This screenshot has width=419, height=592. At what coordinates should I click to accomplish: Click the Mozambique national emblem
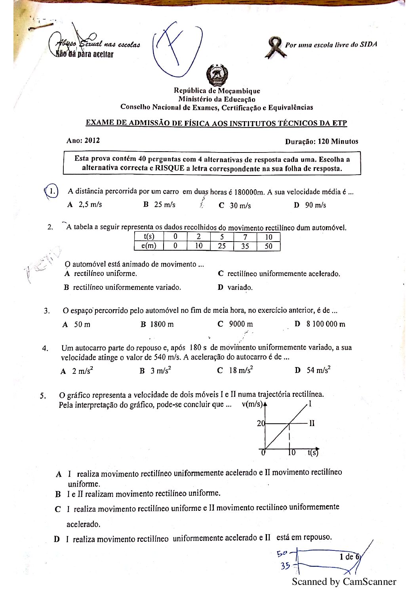point(217,75)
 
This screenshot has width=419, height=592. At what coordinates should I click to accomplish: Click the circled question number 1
point(52,192)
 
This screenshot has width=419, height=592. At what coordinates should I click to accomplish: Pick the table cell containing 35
point(245,246)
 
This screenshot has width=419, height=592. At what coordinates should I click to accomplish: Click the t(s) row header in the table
point(149,237)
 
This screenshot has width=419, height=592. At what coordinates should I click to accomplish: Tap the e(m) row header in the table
point(149,246)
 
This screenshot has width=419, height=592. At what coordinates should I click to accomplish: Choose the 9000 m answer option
point(240,324)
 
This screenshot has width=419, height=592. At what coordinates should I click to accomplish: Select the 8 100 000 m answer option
point(325,324)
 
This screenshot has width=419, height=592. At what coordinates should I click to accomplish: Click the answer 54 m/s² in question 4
point(318,370)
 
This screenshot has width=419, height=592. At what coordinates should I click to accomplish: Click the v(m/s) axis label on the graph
point(252,404)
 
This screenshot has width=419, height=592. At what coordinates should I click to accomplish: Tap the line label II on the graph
point(312,423)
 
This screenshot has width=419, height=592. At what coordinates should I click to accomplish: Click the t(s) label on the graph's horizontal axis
point(313,453)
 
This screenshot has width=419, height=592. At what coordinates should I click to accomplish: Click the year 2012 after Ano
point(92,141)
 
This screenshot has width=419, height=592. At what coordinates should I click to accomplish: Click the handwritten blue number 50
point(282,553)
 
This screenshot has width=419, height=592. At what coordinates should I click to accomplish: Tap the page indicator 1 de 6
point(349,557)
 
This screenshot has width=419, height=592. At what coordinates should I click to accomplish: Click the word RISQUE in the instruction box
point(170,168)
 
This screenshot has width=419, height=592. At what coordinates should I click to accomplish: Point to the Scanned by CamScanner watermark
point(344,582)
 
